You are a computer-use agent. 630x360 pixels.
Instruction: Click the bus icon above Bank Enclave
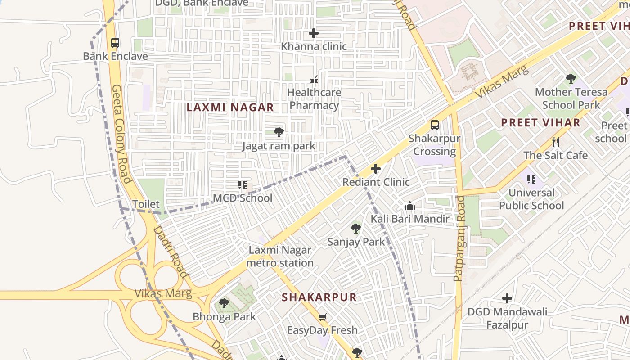(115, 43)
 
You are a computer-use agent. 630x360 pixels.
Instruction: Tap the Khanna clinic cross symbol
(314, 33)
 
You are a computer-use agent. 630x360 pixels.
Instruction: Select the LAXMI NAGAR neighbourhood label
(230, 107)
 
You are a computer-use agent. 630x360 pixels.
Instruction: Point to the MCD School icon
(243, 185)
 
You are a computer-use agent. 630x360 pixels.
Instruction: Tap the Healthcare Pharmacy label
(314, 99)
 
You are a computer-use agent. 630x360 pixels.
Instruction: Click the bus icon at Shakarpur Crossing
(435, 125)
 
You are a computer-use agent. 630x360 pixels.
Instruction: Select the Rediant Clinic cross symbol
(376, 169)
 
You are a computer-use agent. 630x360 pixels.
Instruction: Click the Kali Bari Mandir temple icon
(410, 206)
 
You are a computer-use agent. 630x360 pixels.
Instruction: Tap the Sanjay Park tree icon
(356, 229)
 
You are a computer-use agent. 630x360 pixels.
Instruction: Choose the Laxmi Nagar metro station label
(280, 256)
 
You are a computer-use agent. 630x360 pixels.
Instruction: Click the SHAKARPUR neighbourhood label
(319, 297)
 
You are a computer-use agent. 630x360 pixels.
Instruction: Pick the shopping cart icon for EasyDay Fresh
(322, 317)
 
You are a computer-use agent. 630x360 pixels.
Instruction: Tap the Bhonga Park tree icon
(224, 303)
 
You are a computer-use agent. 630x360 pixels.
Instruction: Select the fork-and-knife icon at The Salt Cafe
(556, 142)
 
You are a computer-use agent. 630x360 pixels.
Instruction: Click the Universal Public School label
(531, 199)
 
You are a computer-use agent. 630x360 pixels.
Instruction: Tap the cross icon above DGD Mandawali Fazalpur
(507, 298)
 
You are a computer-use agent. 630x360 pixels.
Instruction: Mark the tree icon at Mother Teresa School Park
(571, 79)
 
